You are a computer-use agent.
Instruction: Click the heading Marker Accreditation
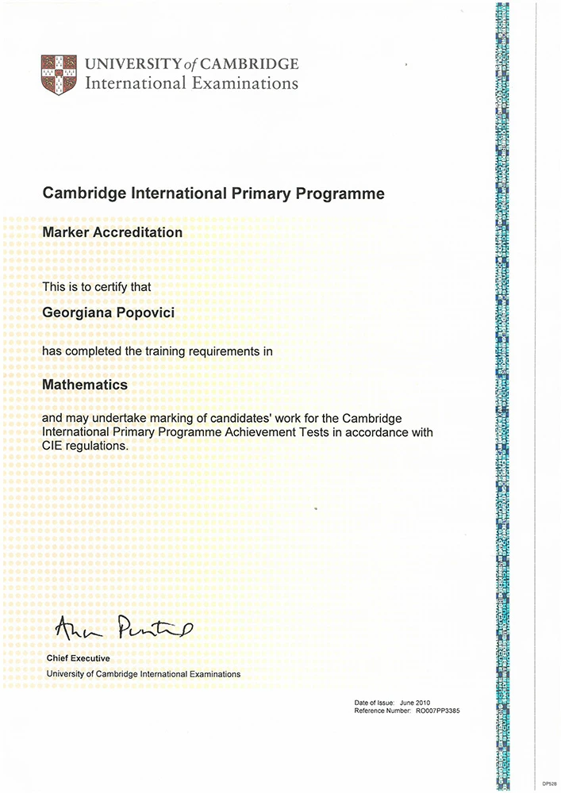pyautogui.click(x=112, y=232)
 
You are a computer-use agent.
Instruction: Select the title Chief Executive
pyautogui.click(x=79, y=658)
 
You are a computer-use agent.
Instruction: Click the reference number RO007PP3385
pyautogui.click(x=437, y=711)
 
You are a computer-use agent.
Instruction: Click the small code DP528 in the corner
pyautogui.click(x=549, y=783)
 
